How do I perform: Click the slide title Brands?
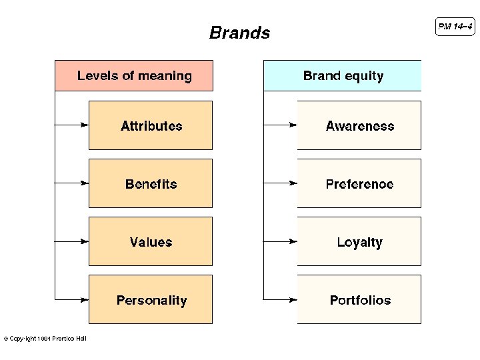[239, 33]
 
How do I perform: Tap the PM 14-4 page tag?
[456, 27]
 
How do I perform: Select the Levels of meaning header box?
[134, 76]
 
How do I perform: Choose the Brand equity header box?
[343, 76]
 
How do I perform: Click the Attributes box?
[151, 125]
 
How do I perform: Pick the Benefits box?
[151, 183]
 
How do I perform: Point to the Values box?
[151, 241]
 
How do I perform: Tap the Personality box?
[151, 299]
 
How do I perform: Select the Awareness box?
[359, 125]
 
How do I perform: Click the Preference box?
[359, 183]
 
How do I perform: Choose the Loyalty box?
[359, 241]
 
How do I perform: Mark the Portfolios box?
[359, 299]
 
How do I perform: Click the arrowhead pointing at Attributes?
[84, 125]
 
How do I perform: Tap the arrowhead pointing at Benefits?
[84, 183]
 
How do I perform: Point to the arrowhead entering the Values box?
[84, 241]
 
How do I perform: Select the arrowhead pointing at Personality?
[84, 299]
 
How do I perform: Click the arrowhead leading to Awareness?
[293, 125]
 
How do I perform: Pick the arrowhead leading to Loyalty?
[293, 241]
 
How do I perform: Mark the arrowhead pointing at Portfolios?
[293, 299]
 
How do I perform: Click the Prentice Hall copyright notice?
[45, 339]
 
